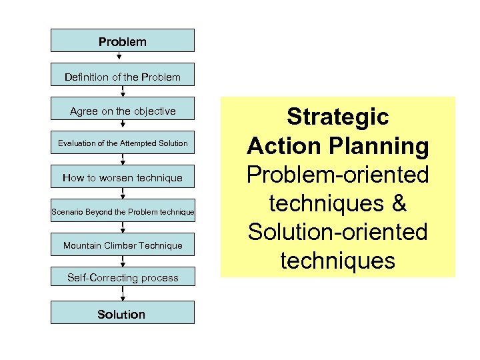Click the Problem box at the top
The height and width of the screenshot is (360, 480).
(123, 41)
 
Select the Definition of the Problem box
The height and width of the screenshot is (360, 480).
(123, 77)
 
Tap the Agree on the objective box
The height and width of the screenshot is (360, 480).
(123, 111)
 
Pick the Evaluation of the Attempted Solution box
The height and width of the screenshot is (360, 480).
(123, 143)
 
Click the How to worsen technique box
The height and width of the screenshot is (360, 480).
(123, 177)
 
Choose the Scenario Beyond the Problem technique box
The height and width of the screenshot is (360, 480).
(123, 212)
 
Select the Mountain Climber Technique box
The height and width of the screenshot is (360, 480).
(123, 245)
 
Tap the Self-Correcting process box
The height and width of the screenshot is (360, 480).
(123, 277)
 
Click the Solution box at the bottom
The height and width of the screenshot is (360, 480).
(123, 313)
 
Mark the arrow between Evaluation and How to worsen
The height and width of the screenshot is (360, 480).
(123, 160)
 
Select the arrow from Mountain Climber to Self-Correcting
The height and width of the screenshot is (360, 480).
(123, 261)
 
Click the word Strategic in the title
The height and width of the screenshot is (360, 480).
(338, 117)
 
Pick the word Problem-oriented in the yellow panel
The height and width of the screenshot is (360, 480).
(338, 175)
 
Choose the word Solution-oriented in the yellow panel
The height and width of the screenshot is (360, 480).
(338, 232)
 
